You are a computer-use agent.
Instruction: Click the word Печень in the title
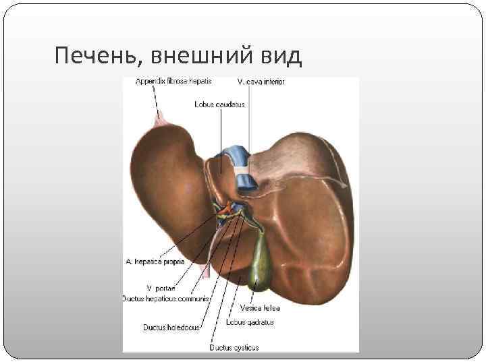[x=94, y=56]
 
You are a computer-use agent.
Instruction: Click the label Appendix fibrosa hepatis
[x=173, y=81]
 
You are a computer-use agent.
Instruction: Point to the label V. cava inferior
[x=261, y=82]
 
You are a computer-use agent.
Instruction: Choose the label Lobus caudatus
[x=219, y=104]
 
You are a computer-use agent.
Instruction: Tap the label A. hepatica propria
[x=155, y=261]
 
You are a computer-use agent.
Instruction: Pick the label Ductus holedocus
[x=171, y=328]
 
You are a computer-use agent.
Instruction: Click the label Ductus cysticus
[x=234, y=348]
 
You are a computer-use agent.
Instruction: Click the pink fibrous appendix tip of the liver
[x=161, y=121]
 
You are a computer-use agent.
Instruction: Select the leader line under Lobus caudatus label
[x=221, y=135]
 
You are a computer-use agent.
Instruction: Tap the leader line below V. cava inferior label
[x=250, y=121]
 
